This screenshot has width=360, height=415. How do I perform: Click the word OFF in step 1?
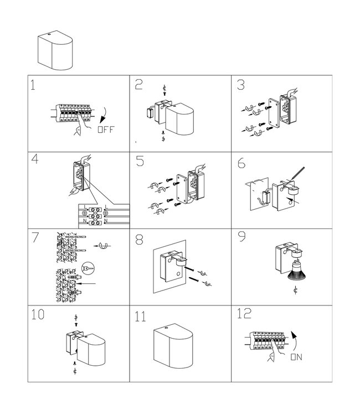106,129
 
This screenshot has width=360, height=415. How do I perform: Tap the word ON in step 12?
296,357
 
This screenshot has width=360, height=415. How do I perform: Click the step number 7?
35,237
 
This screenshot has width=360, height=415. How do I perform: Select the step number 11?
140,317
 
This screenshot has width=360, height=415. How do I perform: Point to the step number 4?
35,159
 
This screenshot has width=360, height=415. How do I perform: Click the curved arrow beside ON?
294,342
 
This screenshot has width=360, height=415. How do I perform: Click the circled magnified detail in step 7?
88,268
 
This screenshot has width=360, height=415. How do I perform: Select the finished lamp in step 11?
173,346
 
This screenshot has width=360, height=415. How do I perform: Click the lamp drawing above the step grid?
55,50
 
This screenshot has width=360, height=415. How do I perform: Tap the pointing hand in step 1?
82,126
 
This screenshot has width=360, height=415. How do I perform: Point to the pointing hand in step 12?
275,354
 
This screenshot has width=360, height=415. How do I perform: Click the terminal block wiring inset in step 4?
104,216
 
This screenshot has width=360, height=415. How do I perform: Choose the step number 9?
242,236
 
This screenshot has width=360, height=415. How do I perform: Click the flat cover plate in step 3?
274,113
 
